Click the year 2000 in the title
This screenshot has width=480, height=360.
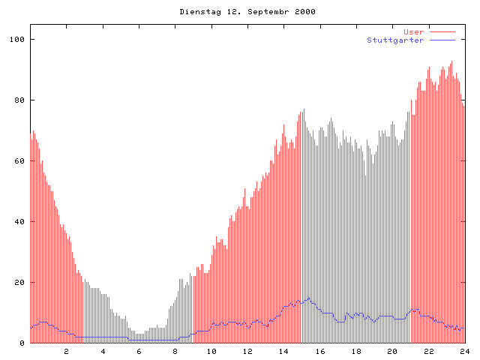click(x=304, y=12)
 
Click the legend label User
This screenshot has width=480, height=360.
click(x=414, y=31)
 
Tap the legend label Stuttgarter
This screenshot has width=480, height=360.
click(x=395, y=40)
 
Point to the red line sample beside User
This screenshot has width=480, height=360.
click(x=442, y=31)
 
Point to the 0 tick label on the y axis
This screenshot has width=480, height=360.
click(x=22, y=343)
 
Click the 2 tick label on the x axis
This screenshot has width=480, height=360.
click(x=66, y=351)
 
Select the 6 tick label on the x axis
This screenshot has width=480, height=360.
click(x=139, y=351)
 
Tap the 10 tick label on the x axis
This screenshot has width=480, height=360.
click(x=211, y=351)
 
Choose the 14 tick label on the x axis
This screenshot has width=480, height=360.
click(x=283, y=351)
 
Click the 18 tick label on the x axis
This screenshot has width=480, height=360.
click(x=356, y=351)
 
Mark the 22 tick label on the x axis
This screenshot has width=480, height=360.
click(x=429, y=351)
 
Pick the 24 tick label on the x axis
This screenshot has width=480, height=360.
click(x=464, y=351)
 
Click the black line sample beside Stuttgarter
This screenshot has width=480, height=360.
click(x=442, y=40)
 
